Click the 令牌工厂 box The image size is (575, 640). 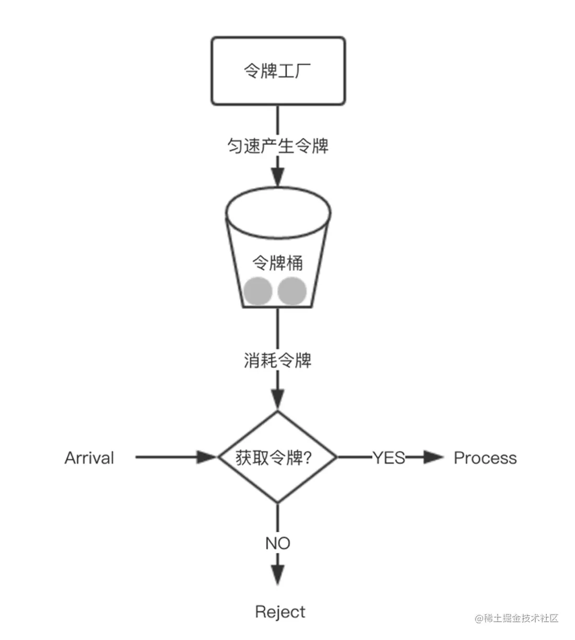coord(278,70)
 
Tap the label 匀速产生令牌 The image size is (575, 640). coord(278,146)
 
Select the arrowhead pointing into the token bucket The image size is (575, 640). coord(278,177)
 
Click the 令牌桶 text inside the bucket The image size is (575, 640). coord(278,263)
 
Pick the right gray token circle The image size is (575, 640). coord(292,291)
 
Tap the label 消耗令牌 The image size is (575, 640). coord(278,360)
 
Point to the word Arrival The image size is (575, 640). coord(89,458)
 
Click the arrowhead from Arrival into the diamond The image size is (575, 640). coord(206,457)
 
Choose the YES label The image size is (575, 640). coord(389,458)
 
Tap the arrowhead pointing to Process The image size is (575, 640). coord(433,457)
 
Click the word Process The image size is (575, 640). coord(485,458)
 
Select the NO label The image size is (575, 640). coord(278,543)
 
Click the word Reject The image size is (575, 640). coord(280,612)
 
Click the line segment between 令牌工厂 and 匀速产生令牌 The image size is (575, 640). coord(278,120)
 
